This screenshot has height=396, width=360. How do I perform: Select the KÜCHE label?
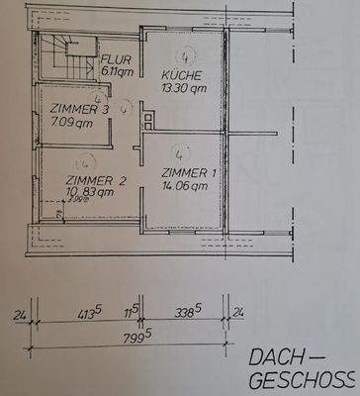pyautogui.click(x=182, y=75)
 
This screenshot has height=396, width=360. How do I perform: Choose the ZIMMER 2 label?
pyautogui.click(x=95, y=180)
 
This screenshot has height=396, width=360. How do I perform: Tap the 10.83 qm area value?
pyautogui.click(x=91, y=193)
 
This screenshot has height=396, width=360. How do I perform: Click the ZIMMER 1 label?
pyautogui.click(x=188, y=173)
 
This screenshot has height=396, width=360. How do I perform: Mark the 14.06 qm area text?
pyautogui.click(x=186, y=186)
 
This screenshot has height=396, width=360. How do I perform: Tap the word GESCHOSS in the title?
pyautogui.click(x=301, y=381)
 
